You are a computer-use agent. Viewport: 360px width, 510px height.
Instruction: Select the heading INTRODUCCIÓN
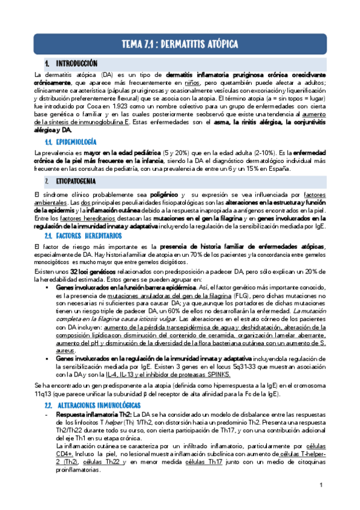pyautogui.click(x=76, y=63)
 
